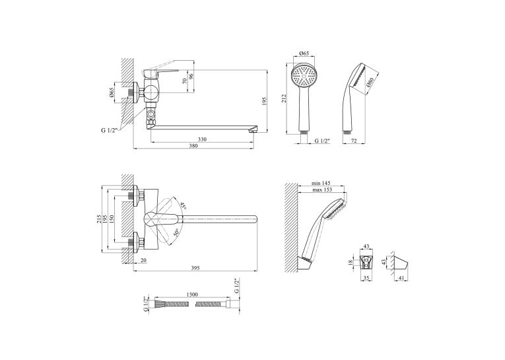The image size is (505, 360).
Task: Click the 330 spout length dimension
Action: tap(202, 139)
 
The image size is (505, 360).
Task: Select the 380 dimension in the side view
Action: tap(193, 146)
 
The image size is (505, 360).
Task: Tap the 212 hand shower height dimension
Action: tap(283, 98)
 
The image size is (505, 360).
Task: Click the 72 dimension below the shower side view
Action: tap(354, 141)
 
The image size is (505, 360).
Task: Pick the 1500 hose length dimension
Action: tap(192, 295)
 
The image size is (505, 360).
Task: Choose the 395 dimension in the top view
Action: tap(195, 268)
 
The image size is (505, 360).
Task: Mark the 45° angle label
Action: tap(184, 205)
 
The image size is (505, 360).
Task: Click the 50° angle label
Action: tap(176, 233)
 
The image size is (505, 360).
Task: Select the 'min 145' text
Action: tap(321, 183)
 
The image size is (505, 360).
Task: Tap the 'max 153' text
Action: tap(321, 190)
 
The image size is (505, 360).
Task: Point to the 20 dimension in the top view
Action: tap(143, 260)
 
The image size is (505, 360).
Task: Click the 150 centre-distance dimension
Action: tap(112, 219)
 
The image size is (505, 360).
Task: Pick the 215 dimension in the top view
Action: tap(99, 219)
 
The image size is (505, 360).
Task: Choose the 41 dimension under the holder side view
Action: tap(401, 277)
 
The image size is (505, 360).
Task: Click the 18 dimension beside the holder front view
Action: tap(351, 263)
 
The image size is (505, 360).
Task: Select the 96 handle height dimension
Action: tap(191, 77)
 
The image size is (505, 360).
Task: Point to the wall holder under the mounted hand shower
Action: tap(305, 264)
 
